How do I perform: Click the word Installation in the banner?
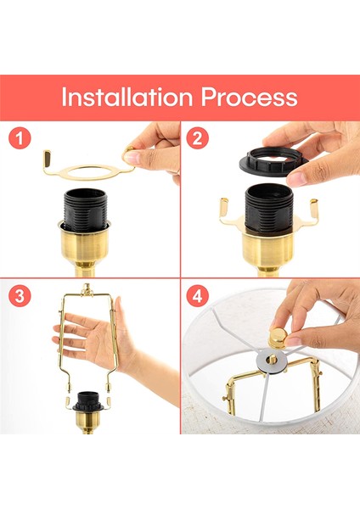pyautogui.click(x=127, y=97)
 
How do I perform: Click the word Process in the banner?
pyautogui.click(x=249, y=97)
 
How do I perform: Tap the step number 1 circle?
pyautogui.click(x=20, y=138)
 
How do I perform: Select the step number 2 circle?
pyautogui.click(x=197, y=138)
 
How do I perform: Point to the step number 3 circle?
pyautogui.click(x=20, y=296)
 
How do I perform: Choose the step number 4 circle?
pyautogui.click(x=197, y=296)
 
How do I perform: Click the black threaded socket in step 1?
pyautogui.click(x=85, y=210)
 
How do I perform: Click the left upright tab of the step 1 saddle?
pyautogui.click(x=48, y=159)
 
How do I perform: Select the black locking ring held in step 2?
pyautogui.click(x=273, y=162)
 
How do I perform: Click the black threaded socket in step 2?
pyautogui.click(x=269, y=208)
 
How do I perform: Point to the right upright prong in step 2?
pyautogui.click(x=314, y=209)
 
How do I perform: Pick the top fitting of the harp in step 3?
pyautogui.click(x=87, y=289)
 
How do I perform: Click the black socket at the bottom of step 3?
pyautogui.click(x=87, y=401)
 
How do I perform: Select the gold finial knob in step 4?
pyautogui.click(x=278, y=338)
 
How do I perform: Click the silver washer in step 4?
pyautogui.click(x=272, y=361)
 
